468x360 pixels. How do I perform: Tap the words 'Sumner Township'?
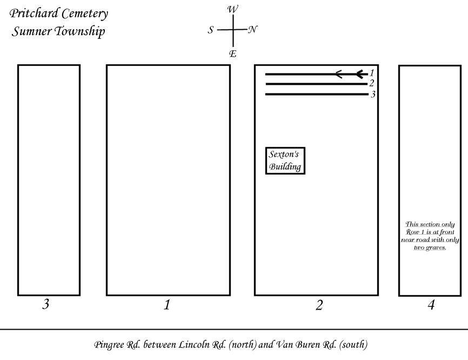pos(58,31)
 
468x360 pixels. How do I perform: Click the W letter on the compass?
pos(232,9)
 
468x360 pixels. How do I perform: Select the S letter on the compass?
pos(211,30)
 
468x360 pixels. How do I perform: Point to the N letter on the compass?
pos(252,30)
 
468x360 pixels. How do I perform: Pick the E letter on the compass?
pos(232,53)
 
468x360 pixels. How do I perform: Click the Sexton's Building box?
pos(285,161)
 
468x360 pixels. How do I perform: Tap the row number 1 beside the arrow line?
pos(372,72)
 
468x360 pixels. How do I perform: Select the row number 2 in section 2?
pos(372,83)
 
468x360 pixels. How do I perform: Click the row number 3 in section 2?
pos(373,95)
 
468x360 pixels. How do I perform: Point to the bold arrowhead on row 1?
pos(360,74)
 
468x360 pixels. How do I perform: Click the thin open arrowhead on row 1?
pos(339,74)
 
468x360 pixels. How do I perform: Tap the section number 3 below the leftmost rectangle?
pos(46,304)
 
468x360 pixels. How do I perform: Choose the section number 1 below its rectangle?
pos(167,305)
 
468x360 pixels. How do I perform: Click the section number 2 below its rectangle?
pos(319,305)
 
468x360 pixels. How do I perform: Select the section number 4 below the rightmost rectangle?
pos(431,305)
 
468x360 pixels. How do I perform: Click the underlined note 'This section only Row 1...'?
pos(430,235)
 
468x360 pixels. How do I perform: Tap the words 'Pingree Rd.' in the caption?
pos(111,344)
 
